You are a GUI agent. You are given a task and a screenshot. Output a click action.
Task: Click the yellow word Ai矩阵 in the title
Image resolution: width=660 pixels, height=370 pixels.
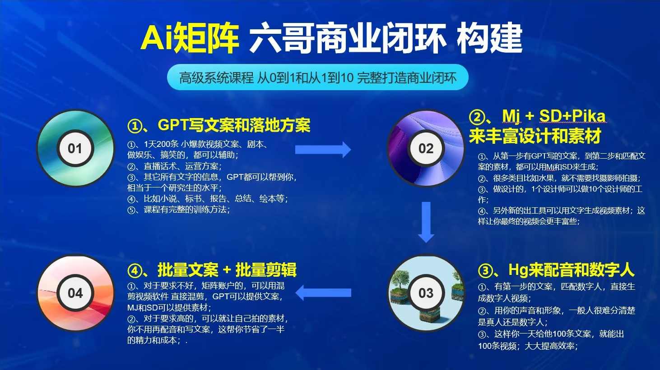[190, 38]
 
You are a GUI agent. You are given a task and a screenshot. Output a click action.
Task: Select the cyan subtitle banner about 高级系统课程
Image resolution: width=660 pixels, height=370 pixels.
[317, 78]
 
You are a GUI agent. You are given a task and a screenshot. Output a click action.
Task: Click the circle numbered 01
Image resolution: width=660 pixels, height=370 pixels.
[75, 148]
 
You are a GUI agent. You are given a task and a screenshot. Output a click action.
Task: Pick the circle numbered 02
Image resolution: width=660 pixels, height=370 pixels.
[426, 148]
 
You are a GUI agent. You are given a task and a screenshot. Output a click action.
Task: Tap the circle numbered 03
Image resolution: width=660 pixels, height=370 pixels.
[426, 293]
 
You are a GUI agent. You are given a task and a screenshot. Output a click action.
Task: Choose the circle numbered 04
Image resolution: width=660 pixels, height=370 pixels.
[75, 293]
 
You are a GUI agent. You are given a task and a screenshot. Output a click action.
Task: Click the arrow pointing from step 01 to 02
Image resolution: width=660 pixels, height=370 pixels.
[323, 150]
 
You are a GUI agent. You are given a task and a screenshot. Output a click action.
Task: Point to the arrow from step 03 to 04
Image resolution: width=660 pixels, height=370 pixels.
[323, 293]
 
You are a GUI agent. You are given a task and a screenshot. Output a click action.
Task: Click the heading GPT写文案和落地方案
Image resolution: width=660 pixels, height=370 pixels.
[219, 125]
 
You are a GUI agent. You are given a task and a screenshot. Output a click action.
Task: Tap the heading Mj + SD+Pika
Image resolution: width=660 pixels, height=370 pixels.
[538, 116]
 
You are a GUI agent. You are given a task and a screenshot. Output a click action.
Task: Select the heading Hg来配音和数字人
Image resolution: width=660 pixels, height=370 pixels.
[556, 270]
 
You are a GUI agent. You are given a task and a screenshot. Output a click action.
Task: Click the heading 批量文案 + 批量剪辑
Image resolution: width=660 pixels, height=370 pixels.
[212, 270]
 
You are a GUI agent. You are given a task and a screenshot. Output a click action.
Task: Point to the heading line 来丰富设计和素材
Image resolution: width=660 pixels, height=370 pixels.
[535, 136]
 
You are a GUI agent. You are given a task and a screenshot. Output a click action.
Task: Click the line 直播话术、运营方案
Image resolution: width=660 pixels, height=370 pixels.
[174, 166]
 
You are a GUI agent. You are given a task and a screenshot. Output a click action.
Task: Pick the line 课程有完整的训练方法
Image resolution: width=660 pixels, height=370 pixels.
[179, 210]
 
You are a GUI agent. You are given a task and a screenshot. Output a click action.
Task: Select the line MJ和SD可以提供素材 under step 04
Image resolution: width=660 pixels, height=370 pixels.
[169, 307]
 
